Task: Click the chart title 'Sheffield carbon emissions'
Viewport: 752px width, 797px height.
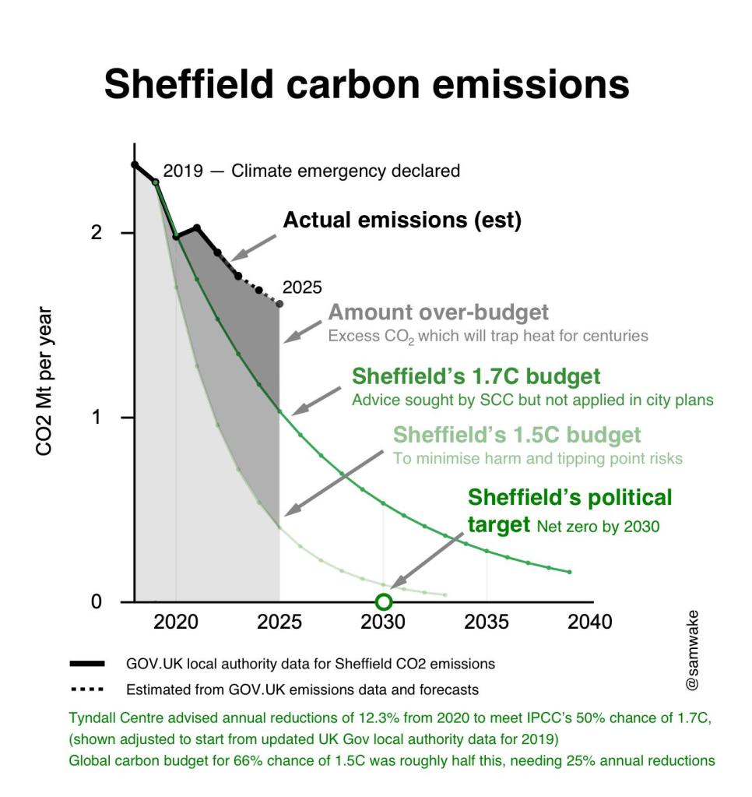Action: click(x=367, y=84)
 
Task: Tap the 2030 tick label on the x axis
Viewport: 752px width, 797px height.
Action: click(x=383, y=622)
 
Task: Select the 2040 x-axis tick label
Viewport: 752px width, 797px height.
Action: click(x=590, y=622)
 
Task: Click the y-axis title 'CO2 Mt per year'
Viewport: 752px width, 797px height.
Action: click(x=44, y=382)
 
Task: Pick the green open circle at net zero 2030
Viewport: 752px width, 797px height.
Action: click(x=383, y=601)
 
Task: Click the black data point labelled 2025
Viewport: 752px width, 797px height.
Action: click(x=279, y=304)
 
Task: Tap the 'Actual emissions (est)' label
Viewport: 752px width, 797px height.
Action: click(x=402, y=220)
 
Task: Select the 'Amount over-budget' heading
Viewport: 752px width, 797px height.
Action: click(x=438, y=313)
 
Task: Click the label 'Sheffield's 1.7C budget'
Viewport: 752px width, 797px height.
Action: click(x=476, y=377)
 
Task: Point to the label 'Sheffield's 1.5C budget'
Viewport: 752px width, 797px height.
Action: click(x=517, y=435)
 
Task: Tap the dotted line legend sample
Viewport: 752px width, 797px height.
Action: click(x=87, y=689)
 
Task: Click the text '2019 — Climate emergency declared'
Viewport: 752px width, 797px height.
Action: click(x=311, y=171)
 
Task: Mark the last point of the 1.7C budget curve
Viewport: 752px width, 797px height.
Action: click(x=569, y=572)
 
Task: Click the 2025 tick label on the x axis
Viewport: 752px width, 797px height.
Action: click(x=279, y=622)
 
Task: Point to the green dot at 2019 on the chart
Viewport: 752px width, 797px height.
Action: click(x=156, y=182)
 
